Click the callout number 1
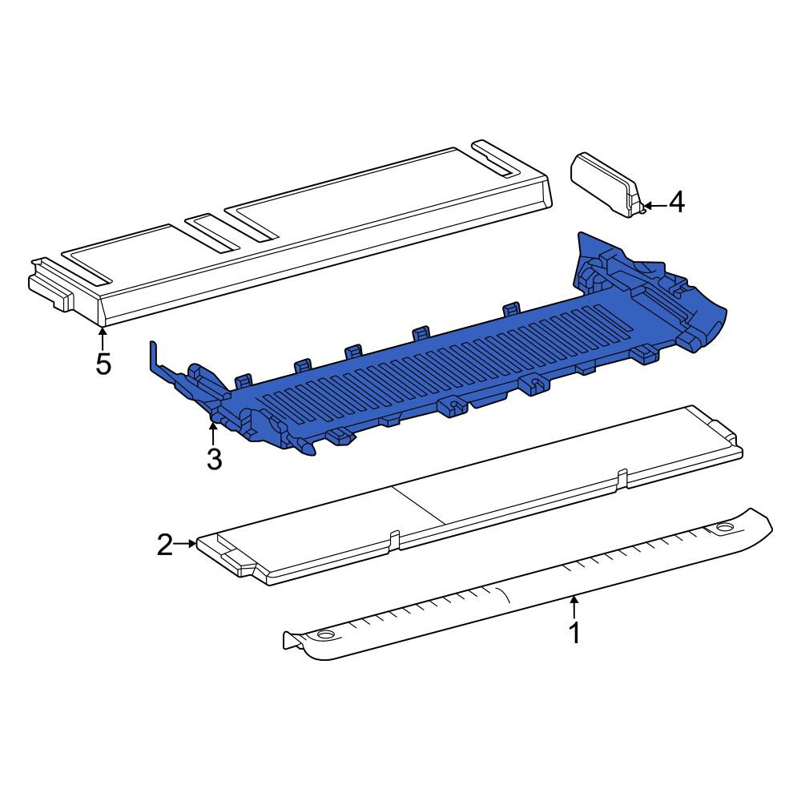pyautogui.click(x=574, y=633)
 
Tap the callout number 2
pyautogui.click(x=165, y=545)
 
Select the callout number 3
pyautogui.click(x=214, y=459)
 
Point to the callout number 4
pyautogui.click(x=676, y=203)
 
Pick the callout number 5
pyautogui.click(x=103, y=364)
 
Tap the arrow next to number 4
pyautogui.click(x=654, y=206)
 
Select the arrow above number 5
pyautogui.click(x=103, y=339)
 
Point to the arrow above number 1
pyautogui.click(x=574, y=607)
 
